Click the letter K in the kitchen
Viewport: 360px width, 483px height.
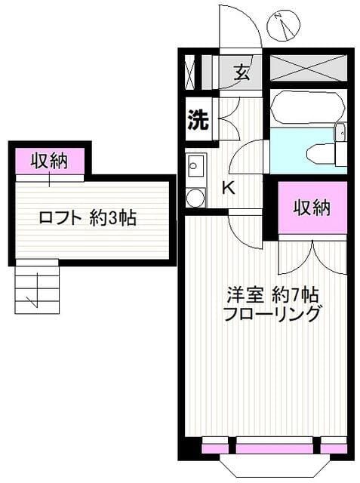(x=228, y=188)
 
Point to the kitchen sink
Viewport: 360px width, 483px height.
(x=195, y=165)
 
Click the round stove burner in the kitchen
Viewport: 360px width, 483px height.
(x=195, y=197)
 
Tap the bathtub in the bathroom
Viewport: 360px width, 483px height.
(x=302, y=109)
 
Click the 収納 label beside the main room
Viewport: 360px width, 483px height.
(x=312, y=207)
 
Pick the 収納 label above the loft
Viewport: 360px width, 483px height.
(x=50, y=160)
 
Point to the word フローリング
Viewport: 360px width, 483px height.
(x=272, y=314)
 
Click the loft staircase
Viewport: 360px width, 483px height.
(x=36, y=287)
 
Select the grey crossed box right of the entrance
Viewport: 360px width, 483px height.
(x=310, y=68)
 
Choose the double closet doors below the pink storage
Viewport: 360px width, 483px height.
(x=312, y=257)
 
